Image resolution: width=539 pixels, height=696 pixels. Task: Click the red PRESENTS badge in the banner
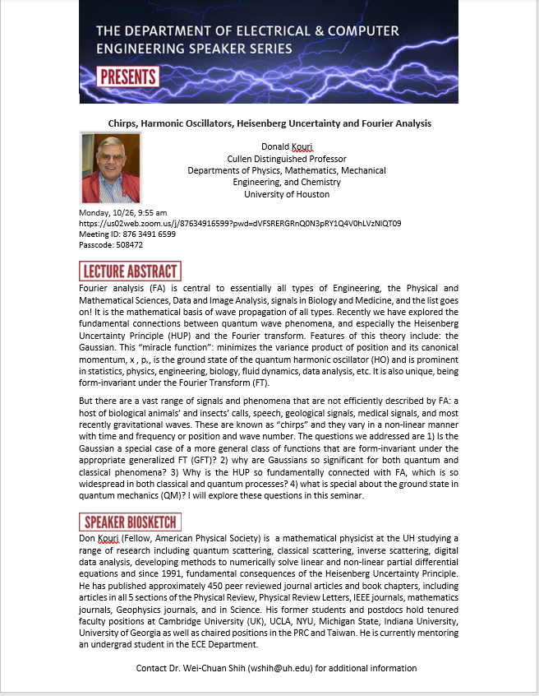coord(128,78)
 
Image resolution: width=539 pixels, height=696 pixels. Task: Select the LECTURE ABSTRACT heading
coord(130,271)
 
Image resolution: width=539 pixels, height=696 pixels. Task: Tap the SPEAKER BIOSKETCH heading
coord(130,522)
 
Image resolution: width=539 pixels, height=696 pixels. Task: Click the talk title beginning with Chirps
coord(269,123)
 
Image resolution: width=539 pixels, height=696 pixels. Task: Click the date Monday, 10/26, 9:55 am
coord(122,213)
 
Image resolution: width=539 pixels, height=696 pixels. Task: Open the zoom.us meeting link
coord(240,224)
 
